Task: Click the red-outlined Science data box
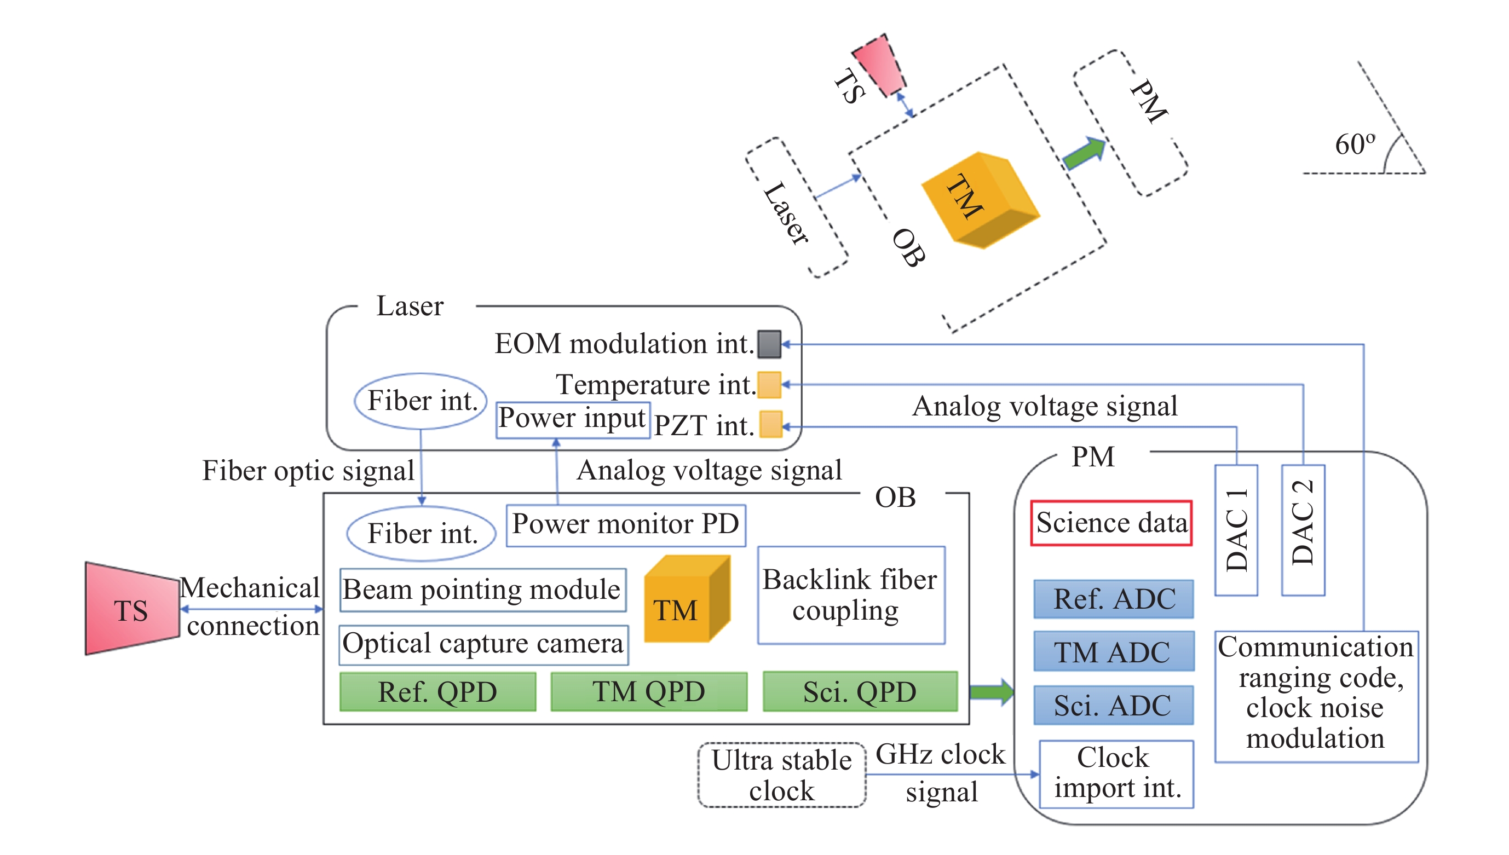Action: [1111, 523]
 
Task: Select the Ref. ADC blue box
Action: [1114, 599]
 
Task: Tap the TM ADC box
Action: [1114, 651]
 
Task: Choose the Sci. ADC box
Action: [1114, 704]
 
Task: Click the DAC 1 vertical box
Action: [1236, 530]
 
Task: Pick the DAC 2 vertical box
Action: [1302, 530]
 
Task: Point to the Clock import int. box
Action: [1116, 773]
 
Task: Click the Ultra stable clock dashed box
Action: [781, 775]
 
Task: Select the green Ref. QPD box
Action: [437, 692]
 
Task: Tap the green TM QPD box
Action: [648, 692]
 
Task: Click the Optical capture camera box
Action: [483, 644]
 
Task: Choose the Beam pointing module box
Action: [482, 590]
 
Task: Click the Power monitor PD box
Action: [626, 525]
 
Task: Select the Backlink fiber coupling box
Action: [850, 595]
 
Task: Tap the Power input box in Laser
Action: [573, 419]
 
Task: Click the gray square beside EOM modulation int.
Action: [769, 344]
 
